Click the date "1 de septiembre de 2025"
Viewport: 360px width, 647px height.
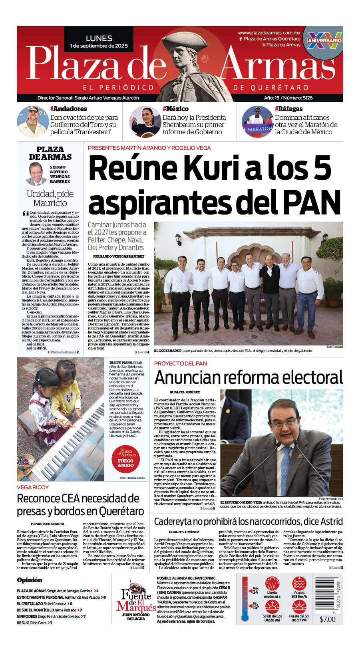(x=99, y=46)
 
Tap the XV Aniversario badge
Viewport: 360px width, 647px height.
(x=324, y=40)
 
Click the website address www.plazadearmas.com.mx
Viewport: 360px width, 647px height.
(x=269, y=33)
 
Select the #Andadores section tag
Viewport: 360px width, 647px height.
(x=69, y=109)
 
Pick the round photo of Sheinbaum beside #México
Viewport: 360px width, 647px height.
(x=145, y=121)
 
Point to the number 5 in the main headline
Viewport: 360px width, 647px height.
(x=322, y=168)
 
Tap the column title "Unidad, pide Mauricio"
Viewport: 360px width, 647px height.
(x=50, y=198)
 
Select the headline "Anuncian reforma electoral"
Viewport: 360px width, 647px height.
(x=249, y=377)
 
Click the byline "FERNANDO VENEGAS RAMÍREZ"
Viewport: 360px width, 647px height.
(x=119, y=256)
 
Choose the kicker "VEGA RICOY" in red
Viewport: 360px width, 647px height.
(x=33, y=487)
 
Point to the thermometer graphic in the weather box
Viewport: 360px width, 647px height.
(x=245, y=599)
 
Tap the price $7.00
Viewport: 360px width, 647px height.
(x=328, y=619)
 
